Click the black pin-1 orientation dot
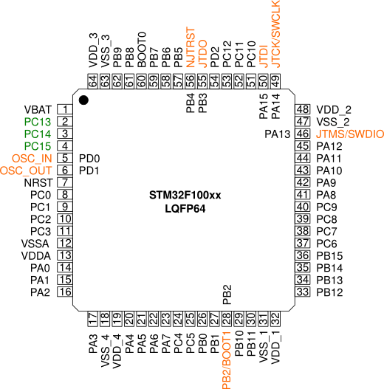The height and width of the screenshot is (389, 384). pyautogui.click(x=84, y=100)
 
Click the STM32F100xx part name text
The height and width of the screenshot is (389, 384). pyautogui.click(x=185, y=195)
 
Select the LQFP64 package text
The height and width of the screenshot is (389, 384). pyautogui.click(x=185, y=209)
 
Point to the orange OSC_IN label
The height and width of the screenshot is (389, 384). pyautogui.click(x=32, y=158)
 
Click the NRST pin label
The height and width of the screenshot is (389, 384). pyautogui.click(x=37, y=182)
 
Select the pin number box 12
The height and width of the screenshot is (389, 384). pyautogui.click(x=65, y=243)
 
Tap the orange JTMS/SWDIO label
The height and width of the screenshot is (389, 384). pyautogui.click(x=349, y=134)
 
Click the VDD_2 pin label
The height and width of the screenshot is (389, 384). pyautogui.click(x=333, y=109)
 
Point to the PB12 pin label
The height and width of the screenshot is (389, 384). pyautogui.click(x=330, y=292)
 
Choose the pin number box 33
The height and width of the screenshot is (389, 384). pyautogui.click(x=302, y=292)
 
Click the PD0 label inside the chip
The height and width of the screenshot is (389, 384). pyautogui.click(x=89, y=158)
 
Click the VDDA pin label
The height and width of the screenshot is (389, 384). pyautogui.click(x=37, y=255)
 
